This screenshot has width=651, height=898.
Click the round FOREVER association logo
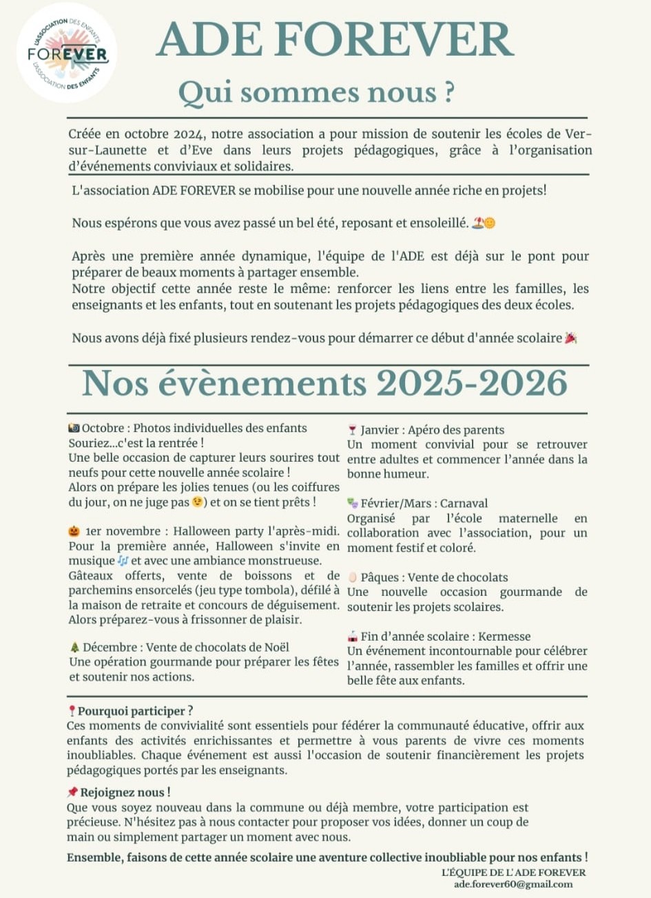pyautogui.click(x=67, y=53)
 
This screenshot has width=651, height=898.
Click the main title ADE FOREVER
pyautogui.click(x=335, y=39)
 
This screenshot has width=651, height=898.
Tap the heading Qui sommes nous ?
pyautogui.click(x=316, y=92)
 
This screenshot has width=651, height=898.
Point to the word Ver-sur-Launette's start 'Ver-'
pyautogui.click(x=578, y=134)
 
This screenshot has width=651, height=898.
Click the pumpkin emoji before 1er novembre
pyautogui.click(x=74, y=531)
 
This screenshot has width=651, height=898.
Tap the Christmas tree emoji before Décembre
pyautogui.click(x=74, y=648)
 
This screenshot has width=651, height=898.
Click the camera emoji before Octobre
pyautogui.click(x=74, y=428)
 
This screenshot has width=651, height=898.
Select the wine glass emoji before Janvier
pyautogui.click(x=353, y=430)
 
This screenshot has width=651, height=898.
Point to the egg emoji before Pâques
pyautogui.click(x=353, y=577)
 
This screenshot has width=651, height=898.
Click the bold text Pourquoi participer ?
pyautogui.click(x=135, y=711)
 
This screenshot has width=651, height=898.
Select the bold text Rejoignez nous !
pyautogui.click(x=125, y=792)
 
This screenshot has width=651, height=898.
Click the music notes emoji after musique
pyautogui.click(x=123, y=561)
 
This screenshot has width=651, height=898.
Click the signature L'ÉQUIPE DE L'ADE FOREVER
pyautogui.click(x=513, y=872)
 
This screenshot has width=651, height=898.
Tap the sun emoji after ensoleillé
pyautogui.click(x=490, y=223)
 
